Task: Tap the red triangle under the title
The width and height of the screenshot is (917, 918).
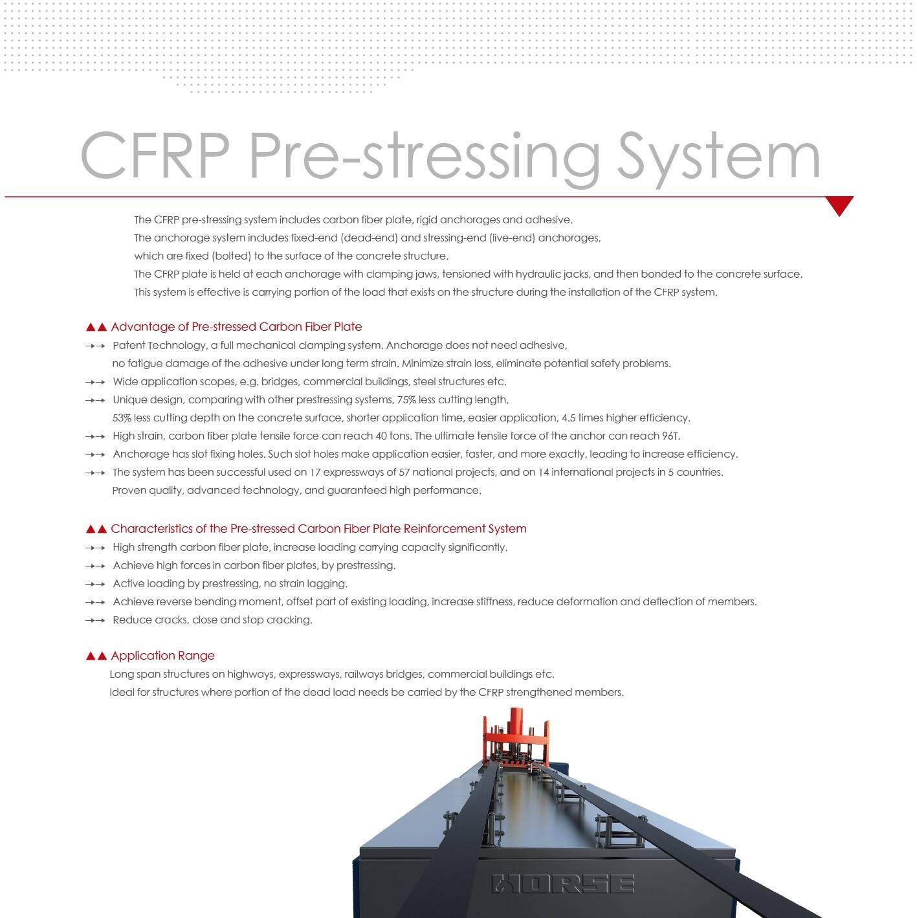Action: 839,205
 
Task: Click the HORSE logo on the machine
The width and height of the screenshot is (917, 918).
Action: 562,884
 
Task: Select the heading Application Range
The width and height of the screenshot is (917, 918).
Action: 162,655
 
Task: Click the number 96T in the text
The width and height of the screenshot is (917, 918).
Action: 670,436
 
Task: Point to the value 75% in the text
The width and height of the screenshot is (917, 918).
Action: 406,399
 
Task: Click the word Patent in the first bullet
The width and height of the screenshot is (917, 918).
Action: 129,345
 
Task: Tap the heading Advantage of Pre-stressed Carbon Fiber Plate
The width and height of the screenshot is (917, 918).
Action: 236,326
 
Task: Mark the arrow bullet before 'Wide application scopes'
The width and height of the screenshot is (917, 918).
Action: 95,382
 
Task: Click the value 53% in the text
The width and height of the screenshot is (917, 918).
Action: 122,418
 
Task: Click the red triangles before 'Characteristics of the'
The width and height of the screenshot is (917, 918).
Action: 96,529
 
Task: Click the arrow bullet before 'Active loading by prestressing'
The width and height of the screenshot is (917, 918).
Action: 95,584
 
